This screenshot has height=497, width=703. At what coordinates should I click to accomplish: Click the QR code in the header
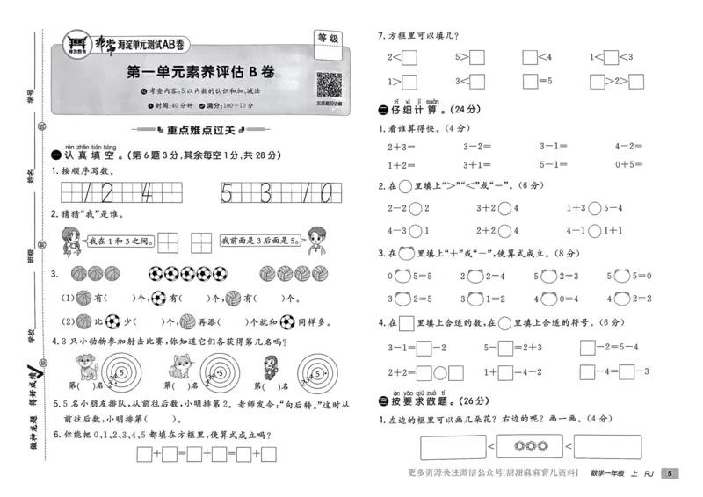tap(329, 86)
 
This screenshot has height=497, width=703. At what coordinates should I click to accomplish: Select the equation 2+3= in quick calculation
tap(402, 148)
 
